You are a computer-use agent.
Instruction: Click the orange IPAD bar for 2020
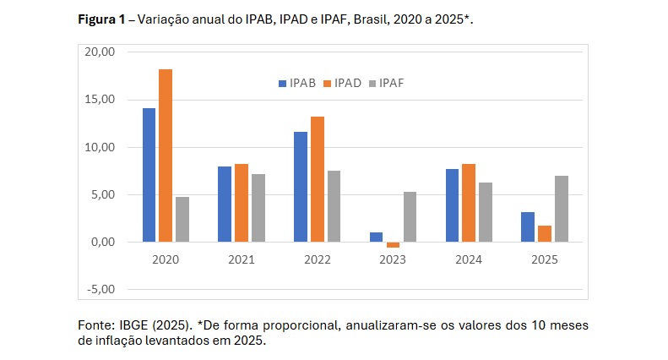pyautogui.click(x=166, y=155)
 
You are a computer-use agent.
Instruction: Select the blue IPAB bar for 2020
pyautogui.click(x=149, y=175)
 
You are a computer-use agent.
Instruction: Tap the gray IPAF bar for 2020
pyautogui.click(x=182, y=219)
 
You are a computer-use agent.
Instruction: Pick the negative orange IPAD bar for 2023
pyautogui.click(x=393, y=245)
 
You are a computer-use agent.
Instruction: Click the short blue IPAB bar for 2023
pyautogui.click(x=376, y=237)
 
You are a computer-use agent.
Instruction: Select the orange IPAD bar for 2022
pyautogui.click(x=317, y=179)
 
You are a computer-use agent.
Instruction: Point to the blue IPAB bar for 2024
pyautogui.click(x=452, y=205)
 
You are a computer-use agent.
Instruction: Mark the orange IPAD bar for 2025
pyautogui.click(x=545, y=234)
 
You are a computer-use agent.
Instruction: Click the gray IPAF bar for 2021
pyautogui.click(x=258, y=208)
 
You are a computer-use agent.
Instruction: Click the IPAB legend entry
pyautogui.click(x=296, y=82)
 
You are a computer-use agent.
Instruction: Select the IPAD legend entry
pyautogui.click(x=342, y=82)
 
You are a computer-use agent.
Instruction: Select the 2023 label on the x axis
pyautogui.click(x=393, y=260)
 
